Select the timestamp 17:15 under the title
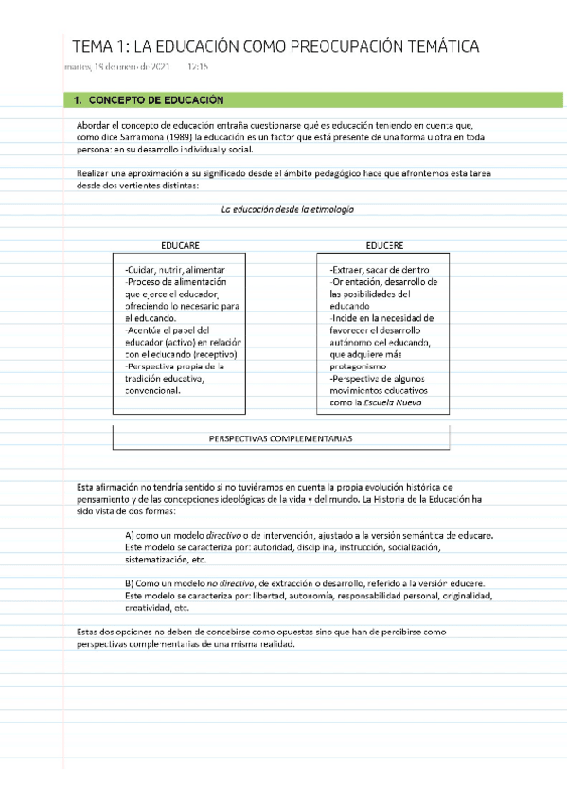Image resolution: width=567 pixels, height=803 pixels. click(198, 67)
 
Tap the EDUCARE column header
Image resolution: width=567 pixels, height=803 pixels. click(180, 245)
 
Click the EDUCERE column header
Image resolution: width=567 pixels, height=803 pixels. click(384, 245)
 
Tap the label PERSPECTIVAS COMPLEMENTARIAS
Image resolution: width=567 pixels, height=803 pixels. click(280, 438)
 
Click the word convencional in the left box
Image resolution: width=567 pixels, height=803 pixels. click(153, 389)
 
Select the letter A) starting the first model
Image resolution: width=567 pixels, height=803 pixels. click(132, 535)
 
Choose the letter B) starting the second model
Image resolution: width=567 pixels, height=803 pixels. click(132, 583)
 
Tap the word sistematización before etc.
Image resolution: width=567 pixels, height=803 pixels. click(156, 559)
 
